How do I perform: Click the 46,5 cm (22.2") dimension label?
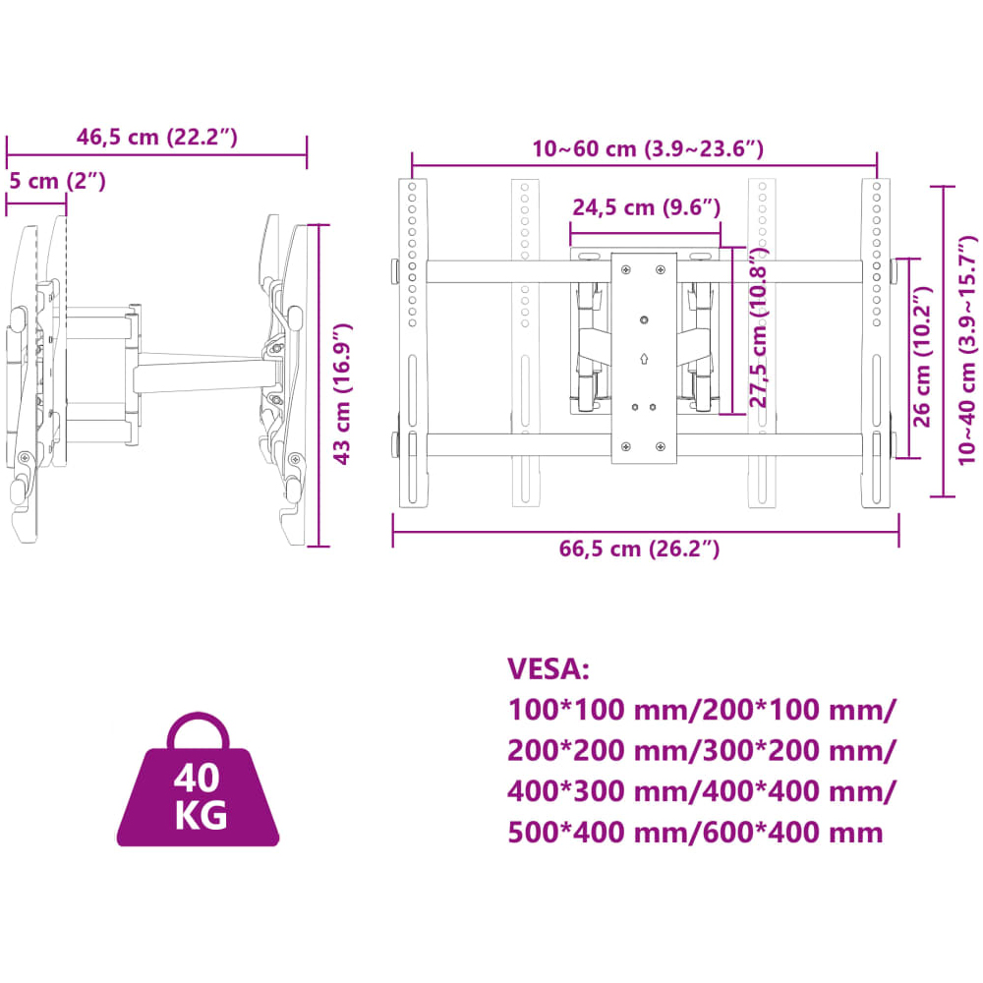point(156,138)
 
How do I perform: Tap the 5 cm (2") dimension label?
point(57,181)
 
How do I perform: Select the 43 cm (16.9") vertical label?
point(342,394)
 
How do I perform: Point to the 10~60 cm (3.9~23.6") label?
point(648,149)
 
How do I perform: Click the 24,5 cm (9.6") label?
point(647,207)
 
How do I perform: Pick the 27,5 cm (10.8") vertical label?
point(759,326)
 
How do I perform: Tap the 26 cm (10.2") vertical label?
point(922,357)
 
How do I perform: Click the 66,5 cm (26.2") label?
point(639,549)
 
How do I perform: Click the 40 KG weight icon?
point(199,781)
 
